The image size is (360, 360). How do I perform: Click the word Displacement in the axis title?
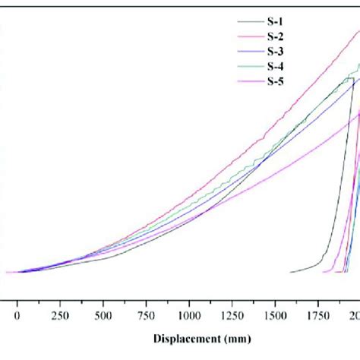pyautogui.click(x=188, y=339)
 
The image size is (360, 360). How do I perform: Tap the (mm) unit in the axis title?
pyautogui.click(x=237, y=339)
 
